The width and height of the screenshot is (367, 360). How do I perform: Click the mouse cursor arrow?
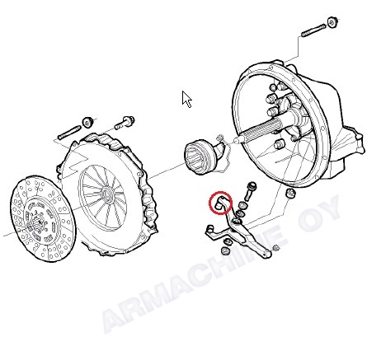tap(186, 99)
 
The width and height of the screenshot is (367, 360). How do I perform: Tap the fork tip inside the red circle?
tap(219, 203)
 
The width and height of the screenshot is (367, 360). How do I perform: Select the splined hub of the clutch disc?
tap(35, 221)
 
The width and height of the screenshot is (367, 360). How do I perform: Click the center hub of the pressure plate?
tap(107, 194)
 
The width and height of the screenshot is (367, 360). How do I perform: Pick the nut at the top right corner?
tap(332, 22)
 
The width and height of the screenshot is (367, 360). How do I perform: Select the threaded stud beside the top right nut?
tap(313, 30)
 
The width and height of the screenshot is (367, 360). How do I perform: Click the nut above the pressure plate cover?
tap(87, 122)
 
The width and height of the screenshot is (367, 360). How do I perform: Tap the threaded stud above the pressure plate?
tap(69, 133)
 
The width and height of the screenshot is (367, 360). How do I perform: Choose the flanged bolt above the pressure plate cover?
tap(125, 123)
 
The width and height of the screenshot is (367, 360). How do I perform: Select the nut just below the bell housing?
tap(291, 193)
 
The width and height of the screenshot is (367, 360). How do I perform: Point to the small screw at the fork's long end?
tap(276, 248)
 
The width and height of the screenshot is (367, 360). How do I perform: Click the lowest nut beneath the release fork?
tap(225, 250)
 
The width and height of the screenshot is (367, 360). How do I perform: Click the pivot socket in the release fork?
tap(237, 221)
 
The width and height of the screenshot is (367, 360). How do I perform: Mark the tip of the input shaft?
tap(235, 140)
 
